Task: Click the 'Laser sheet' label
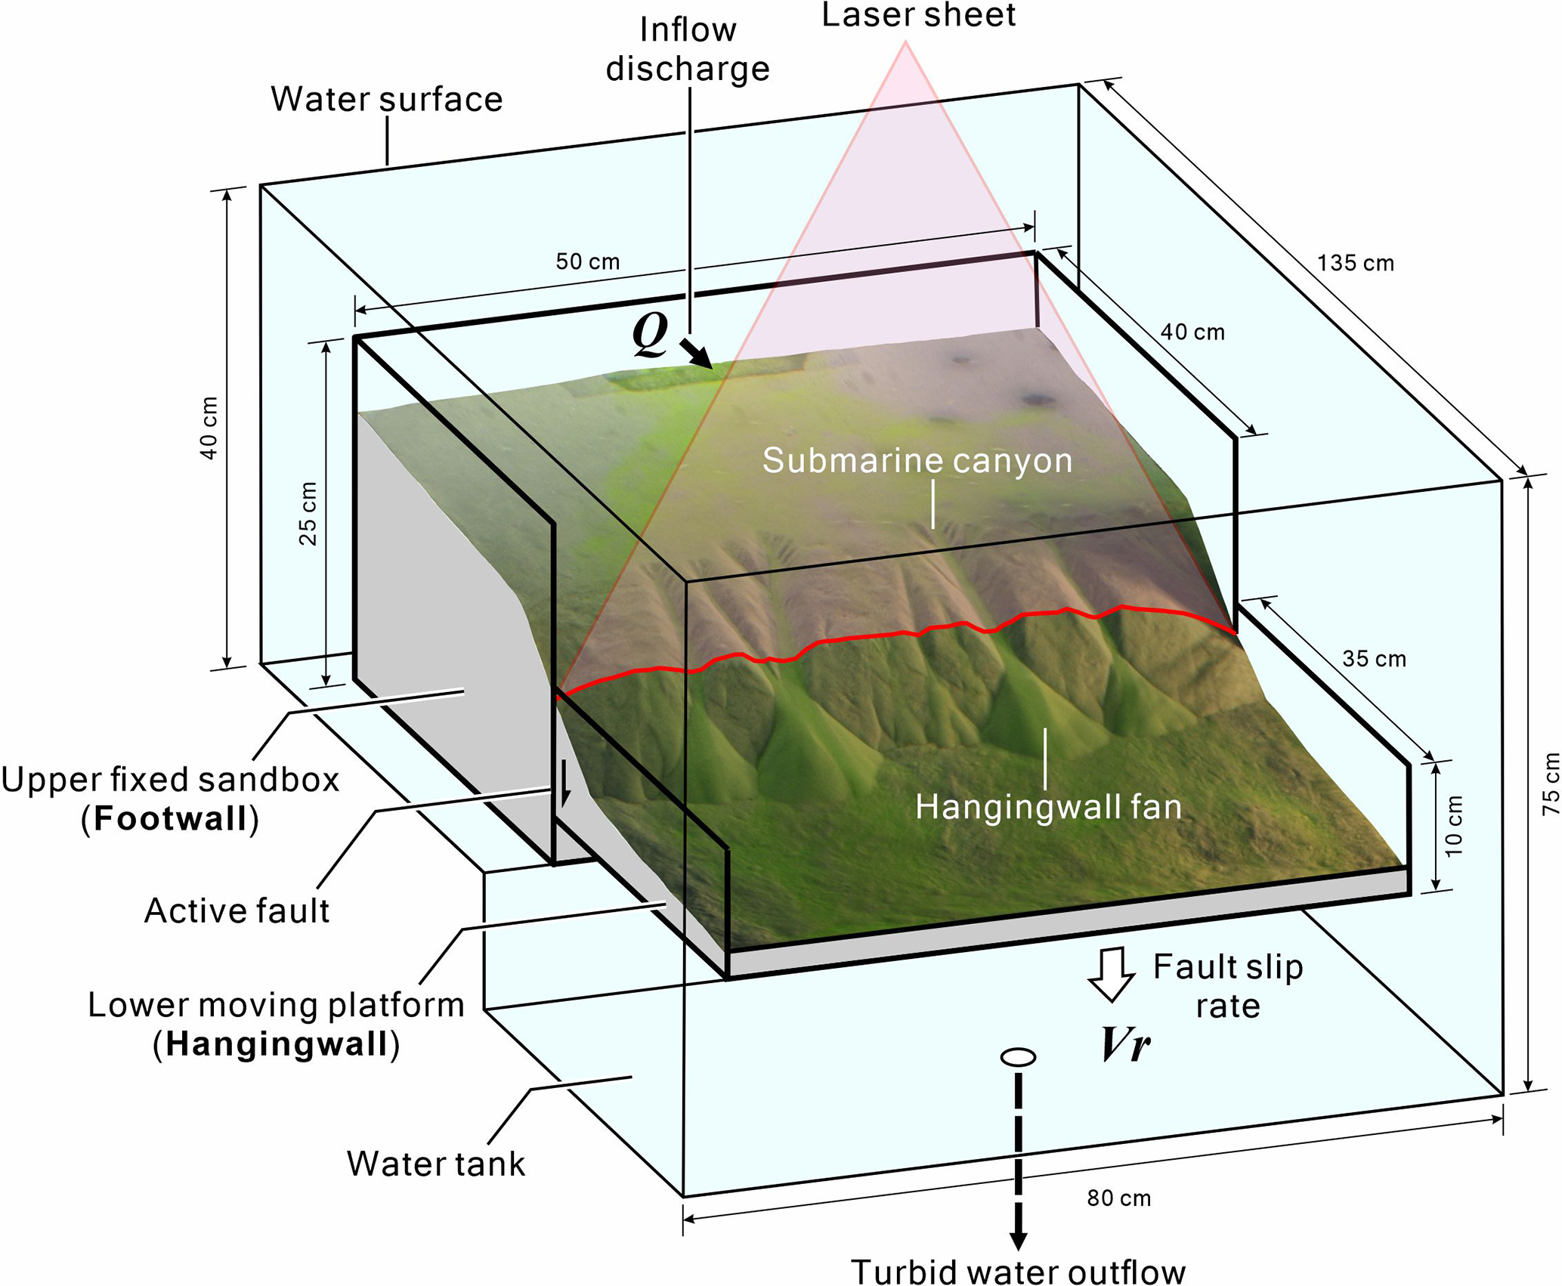(918, 15)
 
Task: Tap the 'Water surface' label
(386, 99)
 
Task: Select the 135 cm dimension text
(1355, 263)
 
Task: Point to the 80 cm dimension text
(1118, 1198)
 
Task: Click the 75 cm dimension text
(1550, 784)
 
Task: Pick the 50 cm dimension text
(587, 261)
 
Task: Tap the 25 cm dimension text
(308, 514)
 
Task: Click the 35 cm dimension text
(1374, 659)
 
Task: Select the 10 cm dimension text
(1453, 826)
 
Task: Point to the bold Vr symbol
(1125, 1045)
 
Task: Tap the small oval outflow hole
(1018, 1057)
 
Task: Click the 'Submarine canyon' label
(917, 460)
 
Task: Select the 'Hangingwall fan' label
(1048, 807)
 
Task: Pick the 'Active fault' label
(237, 911)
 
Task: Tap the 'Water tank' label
(435, 1164)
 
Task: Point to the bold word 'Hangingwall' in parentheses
(276, 1044)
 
